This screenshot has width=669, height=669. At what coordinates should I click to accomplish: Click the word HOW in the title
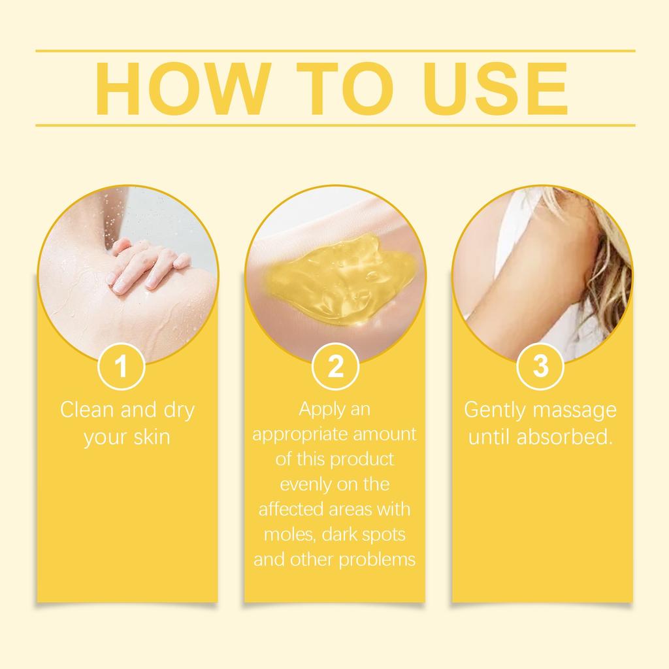pyautogui.click(x=181, y=89)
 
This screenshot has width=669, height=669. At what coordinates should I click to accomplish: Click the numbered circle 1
pyautogui.click(x=121, y=367)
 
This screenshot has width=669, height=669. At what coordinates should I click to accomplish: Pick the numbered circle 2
pyautogui.click(x=334, y=367)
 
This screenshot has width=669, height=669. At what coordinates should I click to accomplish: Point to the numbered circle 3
pyautogui.click(x=540, y=367)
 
